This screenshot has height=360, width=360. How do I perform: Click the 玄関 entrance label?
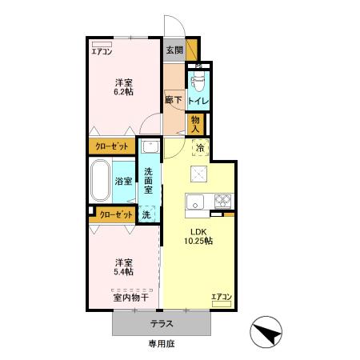coord(174,50)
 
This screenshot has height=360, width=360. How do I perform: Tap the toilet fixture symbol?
coord(198,80)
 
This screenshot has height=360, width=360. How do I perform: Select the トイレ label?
coord(198,101)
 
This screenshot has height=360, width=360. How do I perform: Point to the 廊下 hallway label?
coord(174,100)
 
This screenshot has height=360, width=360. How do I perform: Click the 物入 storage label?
coord(195,124)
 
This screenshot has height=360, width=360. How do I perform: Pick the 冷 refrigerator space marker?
coord(200,147)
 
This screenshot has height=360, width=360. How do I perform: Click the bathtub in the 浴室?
coord(100,180)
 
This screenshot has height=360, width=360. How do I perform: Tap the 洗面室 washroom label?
coord(148,181)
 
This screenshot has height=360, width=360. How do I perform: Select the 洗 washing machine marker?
coord(146,214)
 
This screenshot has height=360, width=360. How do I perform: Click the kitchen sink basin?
coord(195,202)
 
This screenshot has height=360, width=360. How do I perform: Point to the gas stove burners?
coord(222,201)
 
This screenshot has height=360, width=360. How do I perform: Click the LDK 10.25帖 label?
coord(198,236)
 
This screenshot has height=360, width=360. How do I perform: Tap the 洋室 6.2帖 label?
coord(124,87)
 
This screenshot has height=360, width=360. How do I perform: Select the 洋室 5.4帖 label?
coord(124,267)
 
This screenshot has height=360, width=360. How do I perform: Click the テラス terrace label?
coord(162,324)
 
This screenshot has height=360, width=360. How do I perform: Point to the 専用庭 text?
coord(162,344)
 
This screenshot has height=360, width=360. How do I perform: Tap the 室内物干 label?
coord(131,298)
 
